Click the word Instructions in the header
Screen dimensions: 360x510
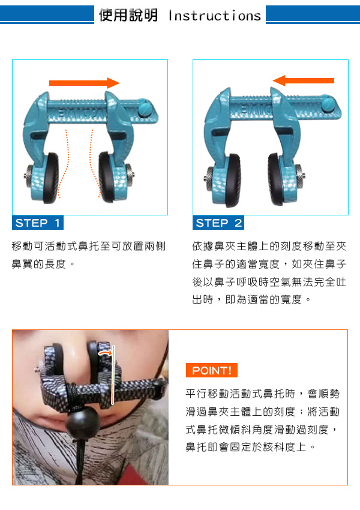click(215, 16)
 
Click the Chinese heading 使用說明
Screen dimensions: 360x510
click(128, 15)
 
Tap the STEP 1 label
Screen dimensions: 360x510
click(38, 223)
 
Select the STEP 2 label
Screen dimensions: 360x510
click(218, 223)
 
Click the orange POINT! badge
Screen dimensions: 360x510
click(212, 370)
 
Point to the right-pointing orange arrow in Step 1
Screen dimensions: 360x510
click(85, 83)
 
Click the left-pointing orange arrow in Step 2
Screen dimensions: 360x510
click(303, 80)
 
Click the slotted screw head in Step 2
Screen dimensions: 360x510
click(328, 104)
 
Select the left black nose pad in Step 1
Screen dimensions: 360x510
click(52, 178)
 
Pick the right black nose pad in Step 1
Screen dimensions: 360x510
click(106, 176)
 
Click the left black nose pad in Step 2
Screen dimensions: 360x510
click(233, 180)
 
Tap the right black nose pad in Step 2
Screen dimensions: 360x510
click(276, 179)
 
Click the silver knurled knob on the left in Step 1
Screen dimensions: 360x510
click(29, 176)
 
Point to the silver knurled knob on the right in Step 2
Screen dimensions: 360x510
click(300, 176)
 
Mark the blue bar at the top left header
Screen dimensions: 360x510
click(47, 14)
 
